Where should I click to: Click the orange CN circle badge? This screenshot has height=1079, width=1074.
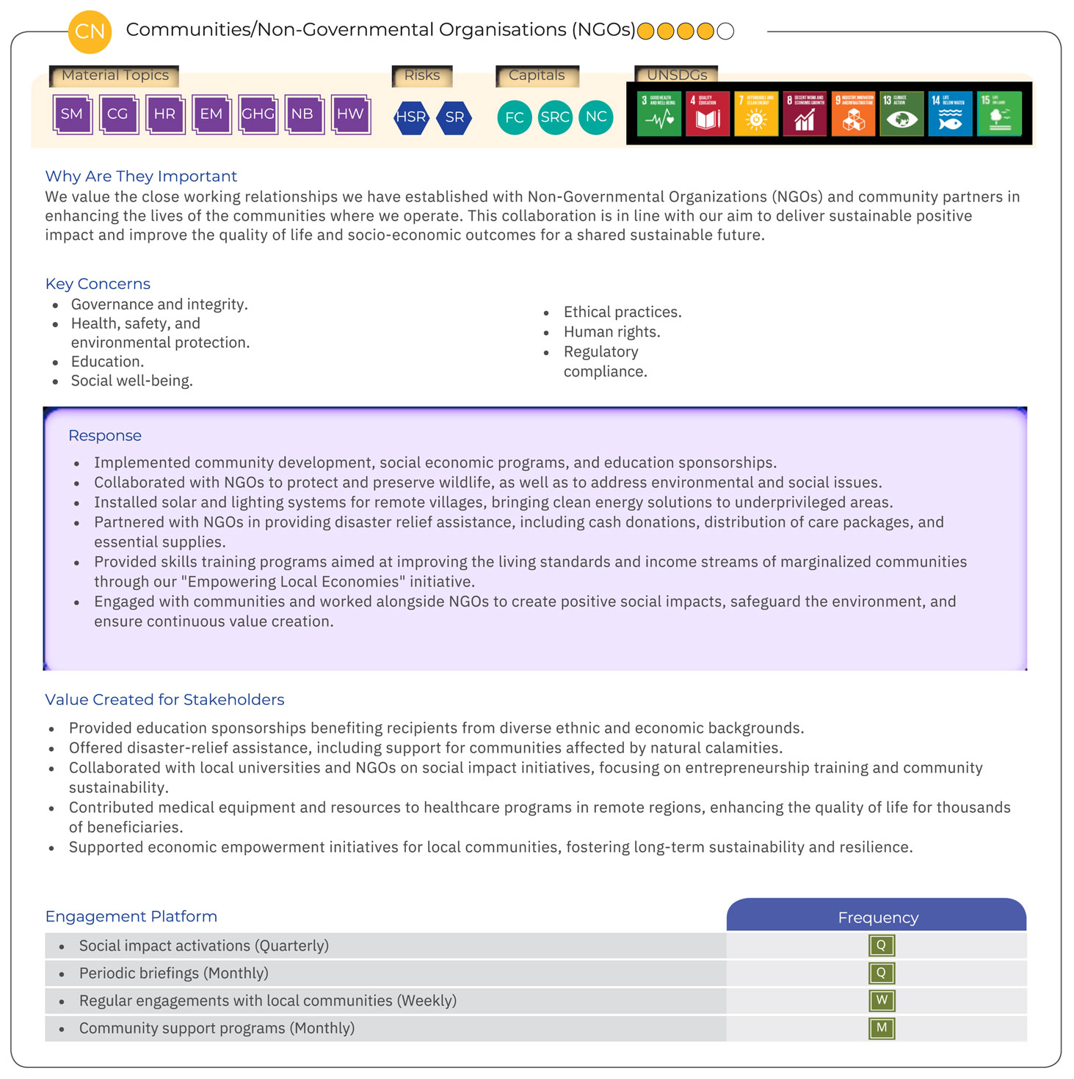(90, 32)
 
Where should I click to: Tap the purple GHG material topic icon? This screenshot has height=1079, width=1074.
(258, 114)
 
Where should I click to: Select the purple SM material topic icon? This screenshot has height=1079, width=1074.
(72, 114)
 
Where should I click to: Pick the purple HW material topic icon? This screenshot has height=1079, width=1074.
(350, 114)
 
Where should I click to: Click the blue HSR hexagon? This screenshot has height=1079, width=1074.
(411, 117)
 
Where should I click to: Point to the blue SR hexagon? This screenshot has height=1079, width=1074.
(454, 117)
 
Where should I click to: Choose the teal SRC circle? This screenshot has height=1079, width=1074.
(555, 117)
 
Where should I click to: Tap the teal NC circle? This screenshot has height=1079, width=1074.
(596, 117)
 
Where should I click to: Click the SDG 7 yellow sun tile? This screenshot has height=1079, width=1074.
(756, 114)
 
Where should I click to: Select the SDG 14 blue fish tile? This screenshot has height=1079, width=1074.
(950, 114)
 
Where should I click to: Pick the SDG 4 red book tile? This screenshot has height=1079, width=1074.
(707, 114)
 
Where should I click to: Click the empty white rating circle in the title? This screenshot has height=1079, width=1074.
(725, 32)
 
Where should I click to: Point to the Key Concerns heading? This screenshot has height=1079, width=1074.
(98, 284)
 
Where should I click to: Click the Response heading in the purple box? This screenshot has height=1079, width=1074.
(105, 436)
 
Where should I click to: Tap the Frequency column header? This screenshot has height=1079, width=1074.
(878, 918)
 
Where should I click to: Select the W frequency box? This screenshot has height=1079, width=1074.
(882, 1001)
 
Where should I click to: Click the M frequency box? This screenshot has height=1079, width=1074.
(882, 1028)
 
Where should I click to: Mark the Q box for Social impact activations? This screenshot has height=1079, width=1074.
(882, 946)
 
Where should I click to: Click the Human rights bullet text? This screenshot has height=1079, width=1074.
(612, 332)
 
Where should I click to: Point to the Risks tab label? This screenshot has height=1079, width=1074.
(422, 76)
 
